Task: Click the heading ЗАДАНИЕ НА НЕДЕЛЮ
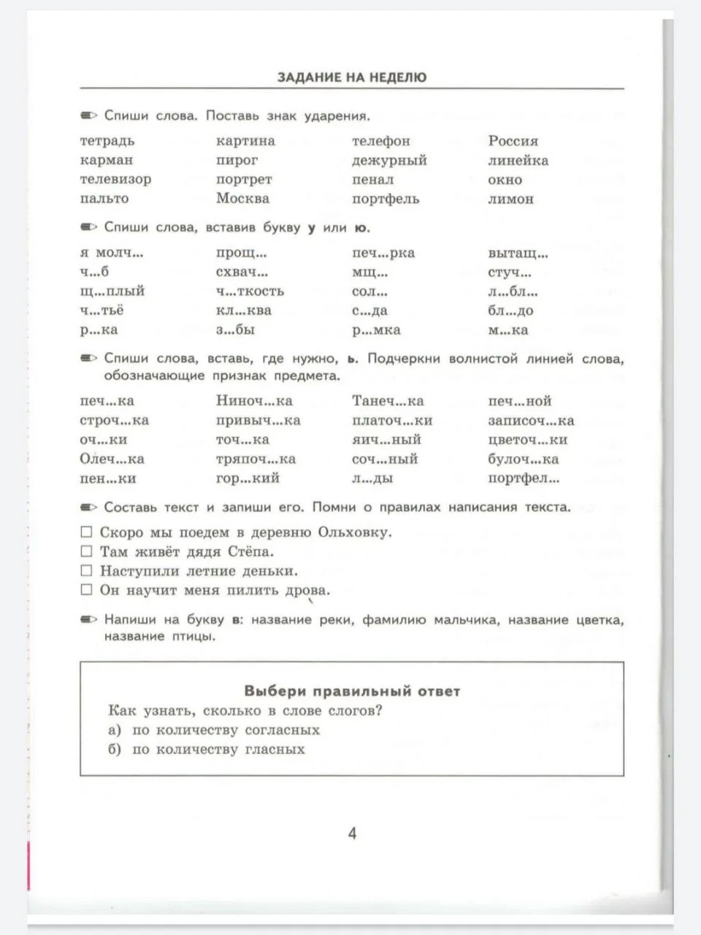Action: (351, 77)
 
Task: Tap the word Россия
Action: (513, 141)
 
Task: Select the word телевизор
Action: (115, 179)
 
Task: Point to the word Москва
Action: (242, 199)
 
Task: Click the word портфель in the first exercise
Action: (385, 199)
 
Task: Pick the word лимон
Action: (510, 199)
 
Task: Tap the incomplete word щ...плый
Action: (112, 291)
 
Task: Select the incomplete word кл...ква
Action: (243, 310)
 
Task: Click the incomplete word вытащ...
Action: (518, 253)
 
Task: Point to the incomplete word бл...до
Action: (510, 310)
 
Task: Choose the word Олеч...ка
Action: (112, 459)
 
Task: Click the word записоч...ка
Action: (531, 421)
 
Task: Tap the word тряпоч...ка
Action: (256, 459)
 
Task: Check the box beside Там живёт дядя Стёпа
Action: (87, 552)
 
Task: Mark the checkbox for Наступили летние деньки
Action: (87, 570)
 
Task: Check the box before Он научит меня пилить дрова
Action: (87, 589)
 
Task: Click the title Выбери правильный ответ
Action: (352, 691)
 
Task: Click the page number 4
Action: (352, 833)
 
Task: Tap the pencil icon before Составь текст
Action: (88, 507)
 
